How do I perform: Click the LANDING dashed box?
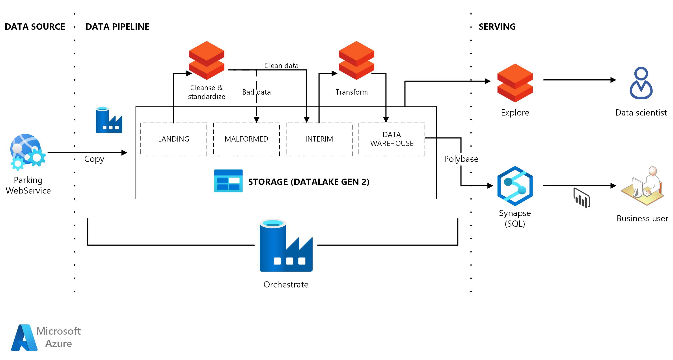coord(174,139)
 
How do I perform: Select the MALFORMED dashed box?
coord(246,139)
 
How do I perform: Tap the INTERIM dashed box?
coord(319,139)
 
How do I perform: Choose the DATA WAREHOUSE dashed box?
coord(392,139)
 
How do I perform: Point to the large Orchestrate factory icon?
coord(286,245)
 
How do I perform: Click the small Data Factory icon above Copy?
coord(109,120)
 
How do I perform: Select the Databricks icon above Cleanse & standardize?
coord(207,60)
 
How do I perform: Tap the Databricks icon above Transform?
coord(356,60)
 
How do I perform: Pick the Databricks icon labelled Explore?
coord(515,83)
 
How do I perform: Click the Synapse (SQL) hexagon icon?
coord(515,186)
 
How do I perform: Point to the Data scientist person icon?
coord(641,83)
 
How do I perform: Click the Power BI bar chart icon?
coord(582,198)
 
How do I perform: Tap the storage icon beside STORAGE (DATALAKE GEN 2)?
coord(228,181)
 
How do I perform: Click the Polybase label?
coord(461,159)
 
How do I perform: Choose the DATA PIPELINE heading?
coord(117,27)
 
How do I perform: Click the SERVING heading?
coord(497,27)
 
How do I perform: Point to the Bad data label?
coord(256,92)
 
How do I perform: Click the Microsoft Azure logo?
coord(46,337)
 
